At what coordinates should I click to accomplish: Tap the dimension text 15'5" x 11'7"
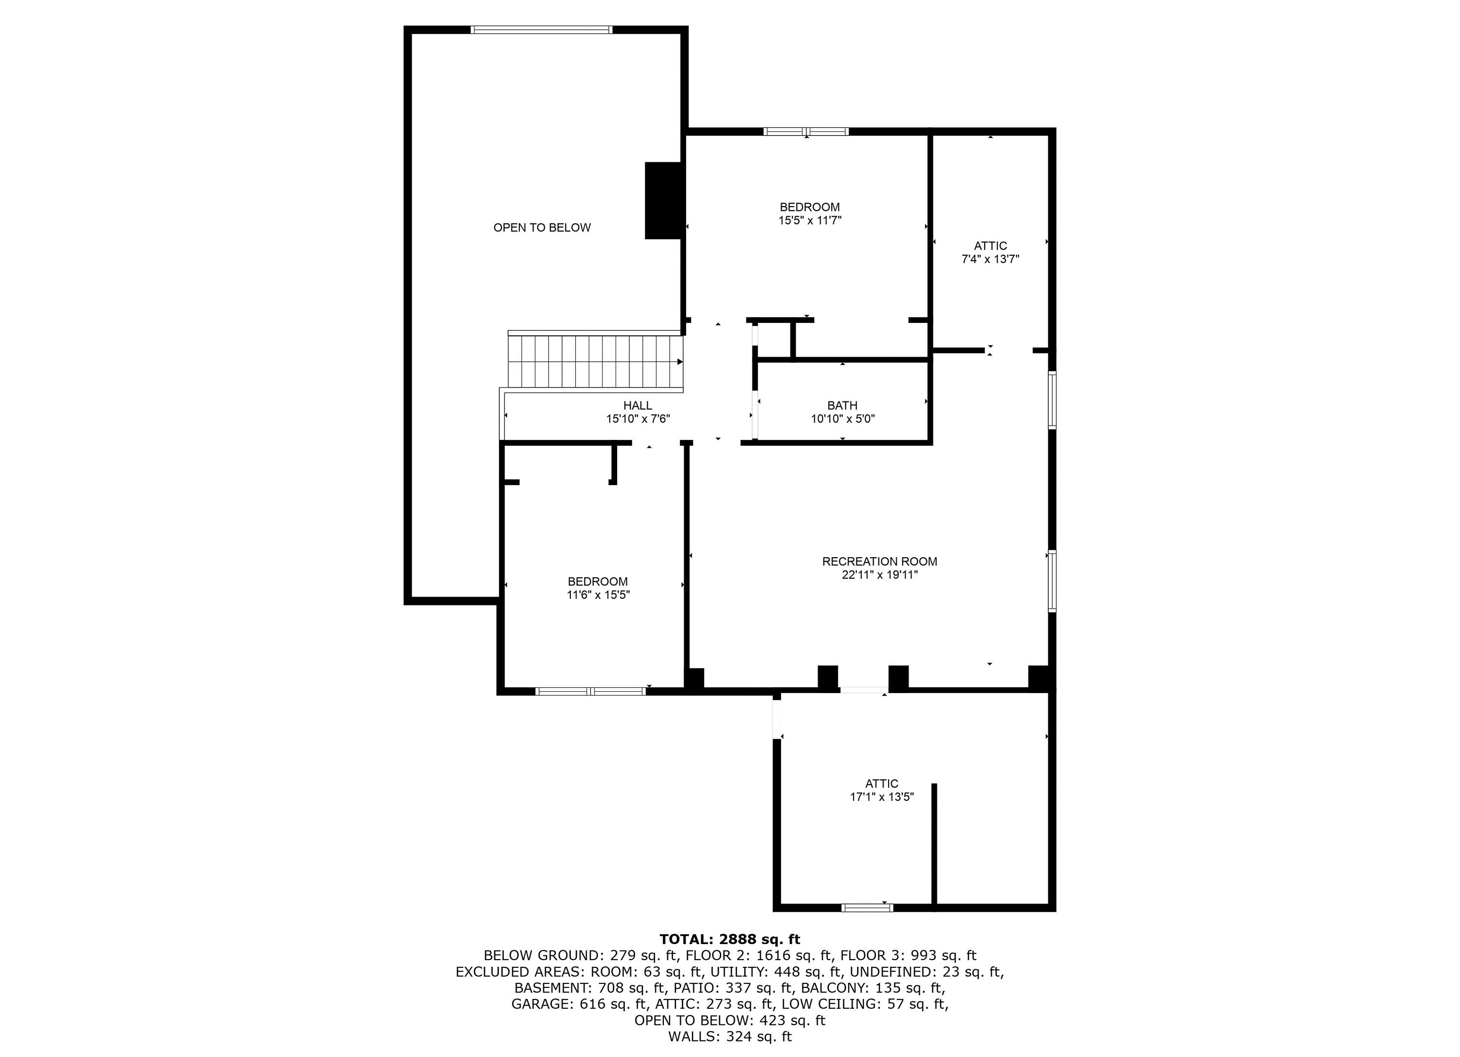tap(810, 220)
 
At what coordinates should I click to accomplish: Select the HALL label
tap(638, 405)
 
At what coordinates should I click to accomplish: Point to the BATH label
tap(842, 405)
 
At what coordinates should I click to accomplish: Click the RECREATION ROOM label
tap(879, 561)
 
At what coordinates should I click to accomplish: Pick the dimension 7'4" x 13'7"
tap(990, 260)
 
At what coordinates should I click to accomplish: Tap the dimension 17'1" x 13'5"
tap(881, 797)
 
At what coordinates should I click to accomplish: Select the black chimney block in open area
tap(662, 200)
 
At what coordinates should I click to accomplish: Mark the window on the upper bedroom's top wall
tap(806, 132)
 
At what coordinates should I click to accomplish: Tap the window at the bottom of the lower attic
tap(867, 907)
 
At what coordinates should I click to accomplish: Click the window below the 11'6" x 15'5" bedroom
tap(590, 691)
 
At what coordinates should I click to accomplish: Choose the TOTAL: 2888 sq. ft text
tap(730, 939)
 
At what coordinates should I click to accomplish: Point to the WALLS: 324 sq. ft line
tap(730, 1037)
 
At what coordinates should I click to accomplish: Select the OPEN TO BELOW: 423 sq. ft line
tap(730, 1020)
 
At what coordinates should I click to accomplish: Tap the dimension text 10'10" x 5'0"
tap(842, 419)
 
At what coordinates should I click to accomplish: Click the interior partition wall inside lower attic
tap(934, 844)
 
